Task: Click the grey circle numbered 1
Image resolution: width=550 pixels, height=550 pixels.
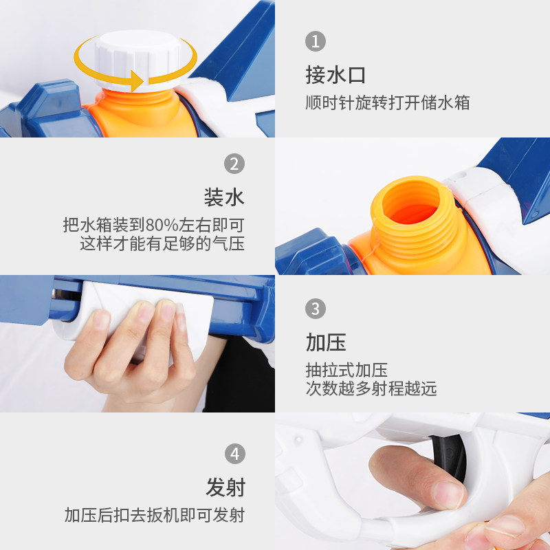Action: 316,41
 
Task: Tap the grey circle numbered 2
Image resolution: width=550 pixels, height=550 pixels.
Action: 234,164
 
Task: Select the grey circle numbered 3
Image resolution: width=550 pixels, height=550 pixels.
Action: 316,309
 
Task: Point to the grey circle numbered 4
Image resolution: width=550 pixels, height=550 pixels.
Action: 234,454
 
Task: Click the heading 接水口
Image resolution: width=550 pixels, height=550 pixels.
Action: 335,75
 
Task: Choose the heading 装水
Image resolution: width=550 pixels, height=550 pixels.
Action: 225,197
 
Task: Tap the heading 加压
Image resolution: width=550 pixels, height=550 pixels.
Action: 326,342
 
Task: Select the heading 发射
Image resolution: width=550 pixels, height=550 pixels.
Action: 225,487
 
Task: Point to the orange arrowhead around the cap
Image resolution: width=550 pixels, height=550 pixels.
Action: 137,80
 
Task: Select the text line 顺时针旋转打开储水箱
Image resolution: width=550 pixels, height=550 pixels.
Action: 388,102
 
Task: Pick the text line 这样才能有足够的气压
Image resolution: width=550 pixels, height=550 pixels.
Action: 162,243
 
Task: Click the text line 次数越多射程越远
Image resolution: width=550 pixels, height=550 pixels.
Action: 371,388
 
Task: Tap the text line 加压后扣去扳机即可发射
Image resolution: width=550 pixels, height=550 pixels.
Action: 155,515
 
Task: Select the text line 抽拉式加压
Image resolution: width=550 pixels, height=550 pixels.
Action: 346,370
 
